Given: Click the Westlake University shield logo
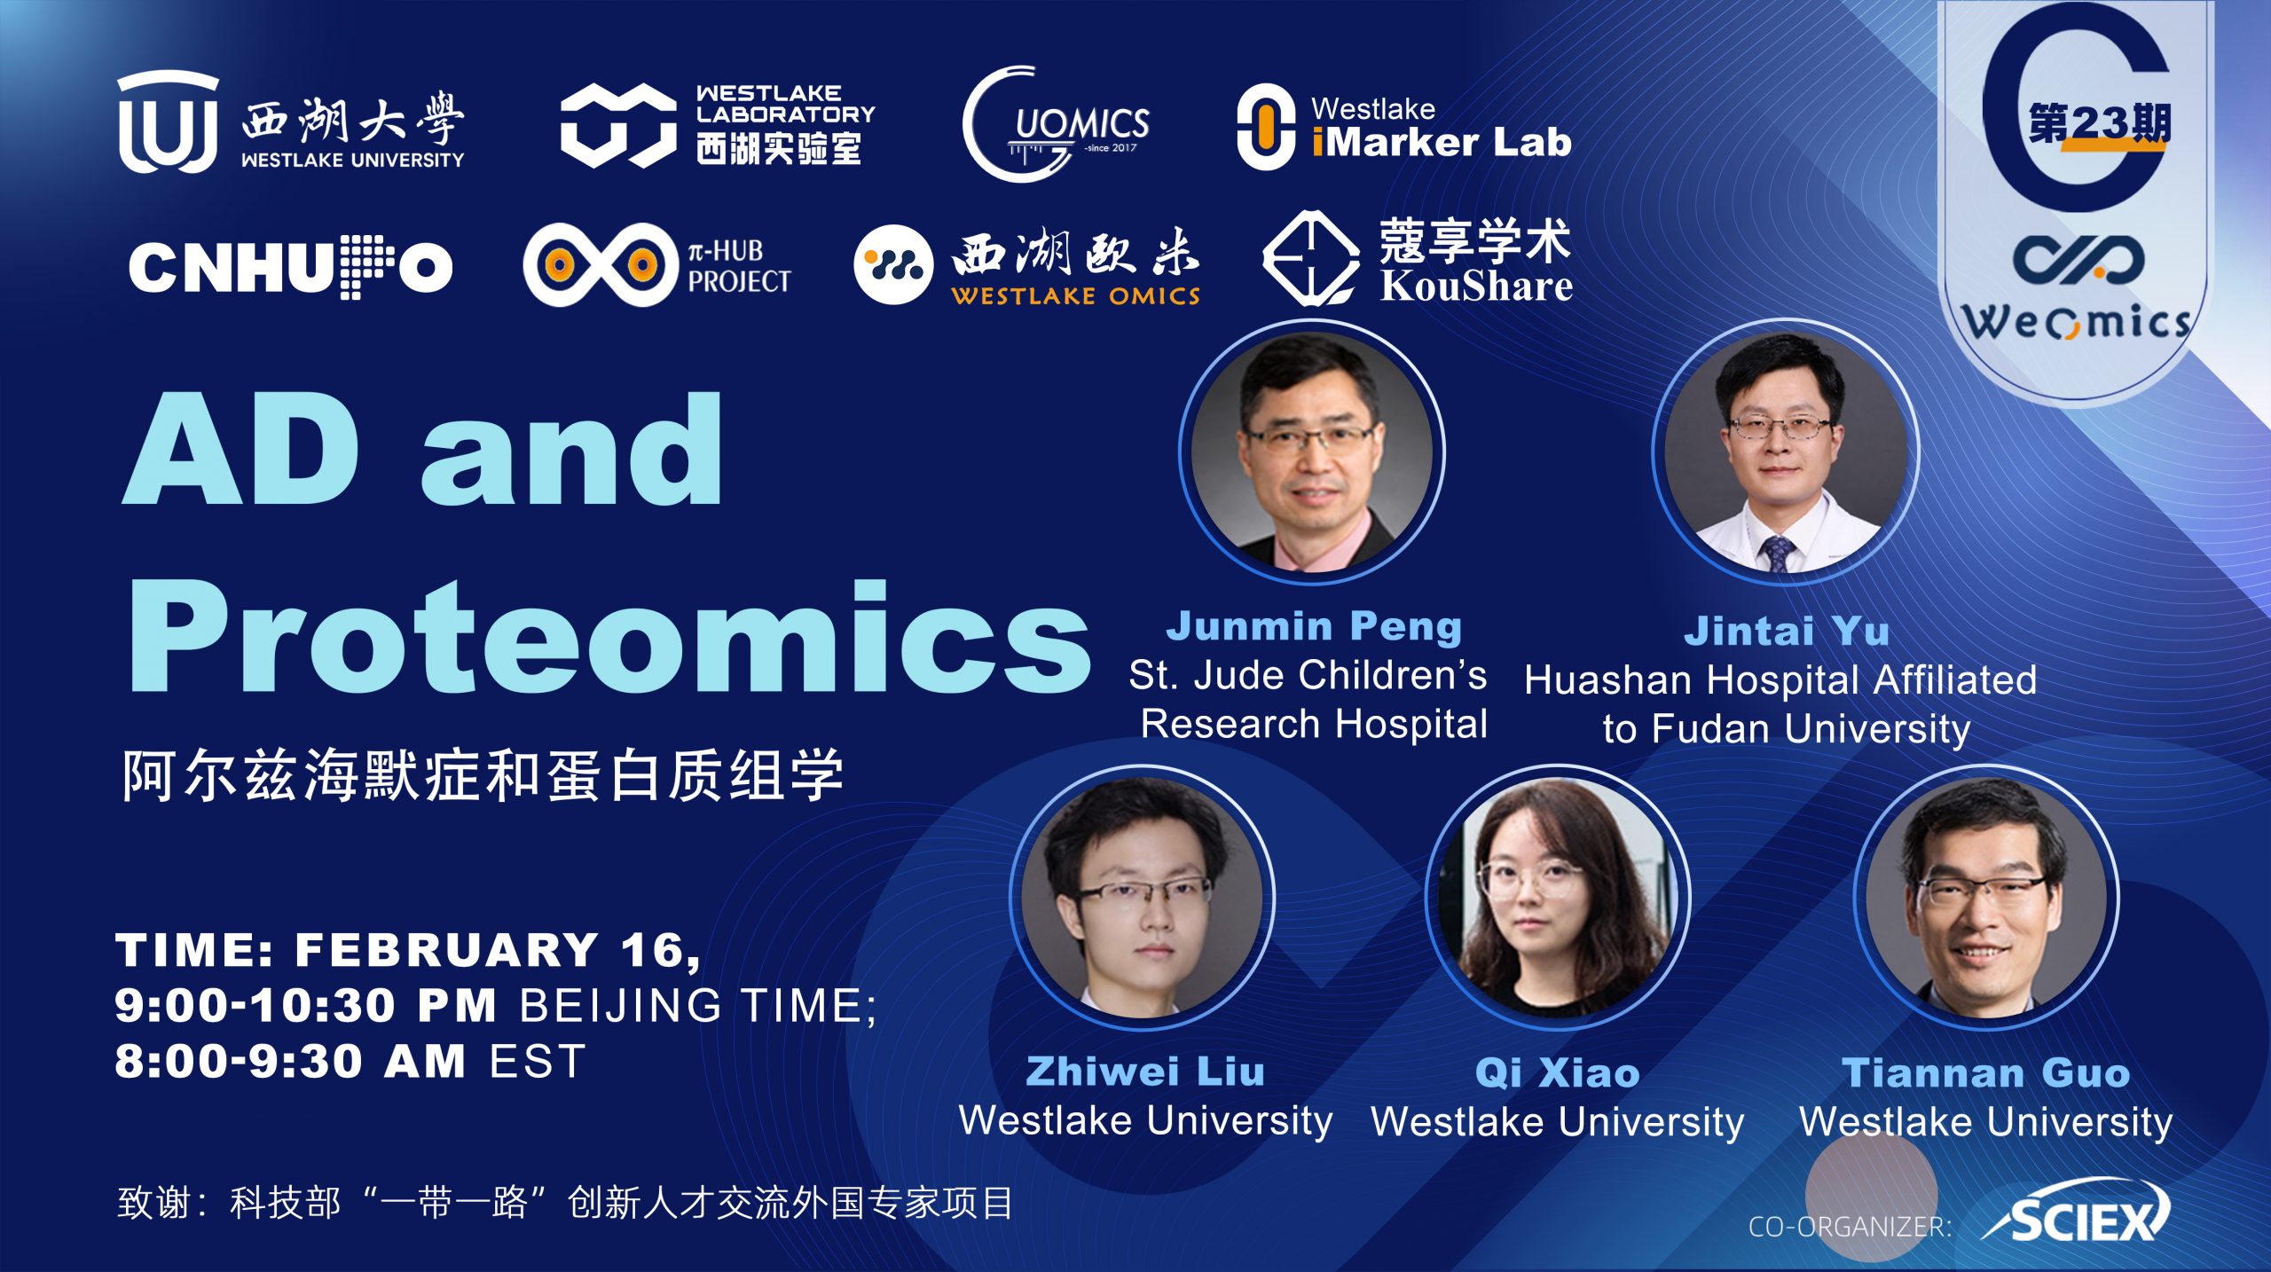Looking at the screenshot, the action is pyautogui.click(x=167, y=122).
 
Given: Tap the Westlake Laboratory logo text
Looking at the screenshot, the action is pyautogui.click(x=785, y=124).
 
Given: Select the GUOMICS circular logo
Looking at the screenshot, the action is pyautogui.click(x=1056, y=124).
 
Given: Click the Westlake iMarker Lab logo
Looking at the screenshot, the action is pyautogui.click(x=1404, y=127).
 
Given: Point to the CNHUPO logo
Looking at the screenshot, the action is pyautogui.click(x=291, y=267).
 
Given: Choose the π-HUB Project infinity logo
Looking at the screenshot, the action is pyautogui.click(x=600, y=264).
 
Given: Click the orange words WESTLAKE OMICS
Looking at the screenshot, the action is pyautogui.click(x=1075, y=295).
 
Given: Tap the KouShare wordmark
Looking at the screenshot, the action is pyautogui.click(x=1476, y=286).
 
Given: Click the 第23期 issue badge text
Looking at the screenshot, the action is pyautogui.click(x=2100, y=123).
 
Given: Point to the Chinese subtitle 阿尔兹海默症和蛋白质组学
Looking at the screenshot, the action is pyautogui.click(x=483, y=775).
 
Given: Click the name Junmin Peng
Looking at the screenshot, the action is pyautogui.click(x=1314, y=626).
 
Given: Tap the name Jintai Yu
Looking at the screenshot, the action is pyautogui.click(x=1787, y=631).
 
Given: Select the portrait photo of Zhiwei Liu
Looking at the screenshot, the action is pyautogui.click(x=1143, y=898).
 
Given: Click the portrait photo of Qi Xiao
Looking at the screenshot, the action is pyautogui.click(x=1558, y=898).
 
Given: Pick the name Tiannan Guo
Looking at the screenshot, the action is pyautogui.click(x=1986, y=1072).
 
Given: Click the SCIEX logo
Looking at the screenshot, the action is pyautogui.click(x=2076, y=1215).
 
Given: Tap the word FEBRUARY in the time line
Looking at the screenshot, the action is pyautogui.click(x=446, y=950).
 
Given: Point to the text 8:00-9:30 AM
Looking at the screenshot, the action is pyautogui.click(x=290, y=1061).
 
